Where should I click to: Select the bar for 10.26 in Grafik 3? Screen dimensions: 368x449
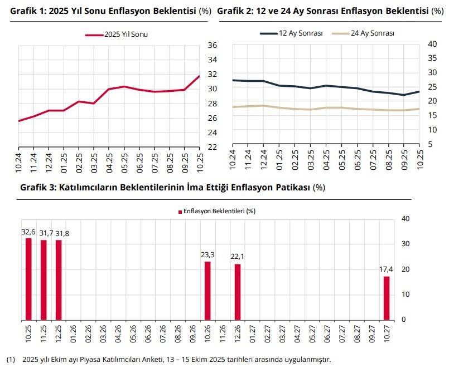coord(207,291)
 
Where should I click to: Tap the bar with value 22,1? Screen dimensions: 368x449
coord(238,292)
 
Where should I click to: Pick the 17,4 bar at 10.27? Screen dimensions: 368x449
coord(386,298)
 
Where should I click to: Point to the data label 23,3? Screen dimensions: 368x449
coord(207,255)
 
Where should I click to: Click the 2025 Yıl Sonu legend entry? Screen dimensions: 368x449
coord(119,35)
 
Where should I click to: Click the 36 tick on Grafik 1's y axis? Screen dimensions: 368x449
coord(211,45)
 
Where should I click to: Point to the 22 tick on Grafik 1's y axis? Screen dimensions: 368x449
coord(211,147)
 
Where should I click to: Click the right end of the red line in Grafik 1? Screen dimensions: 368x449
coord(199,76)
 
